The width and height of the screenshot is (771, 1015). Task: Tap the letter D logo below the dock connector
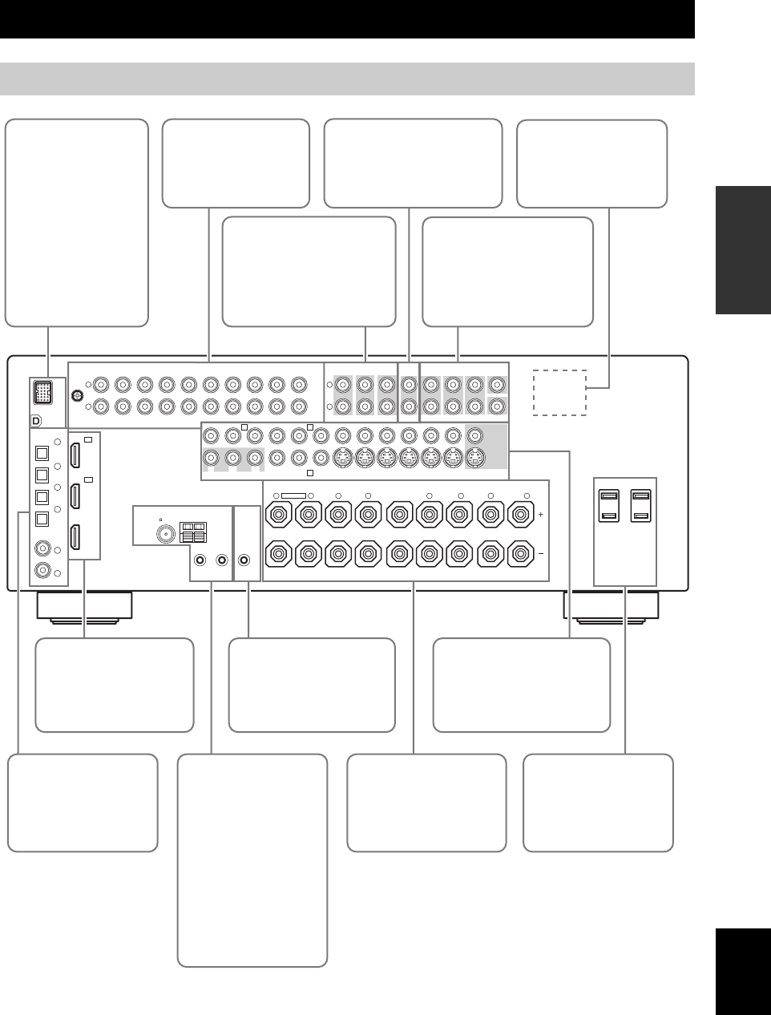pos(36,420)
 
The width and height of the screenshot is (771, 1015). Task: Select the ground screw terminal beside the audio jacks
pos(77,394)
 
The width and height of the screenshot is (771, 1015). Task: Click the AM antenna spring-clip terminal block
pos(192,530)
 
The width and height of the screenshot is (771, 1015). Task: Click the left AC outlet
pos(609,506)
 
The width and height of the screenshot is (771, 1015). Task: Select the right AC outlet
pos(640,506)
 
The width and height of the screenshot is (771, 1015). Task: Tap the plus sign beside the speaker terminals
pos(541,513)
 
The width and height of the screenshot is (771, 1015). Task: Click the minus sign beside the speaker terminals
pos(541,554)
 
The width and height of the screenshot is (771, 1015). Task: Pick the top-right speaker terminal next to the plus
pos(522,513)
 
